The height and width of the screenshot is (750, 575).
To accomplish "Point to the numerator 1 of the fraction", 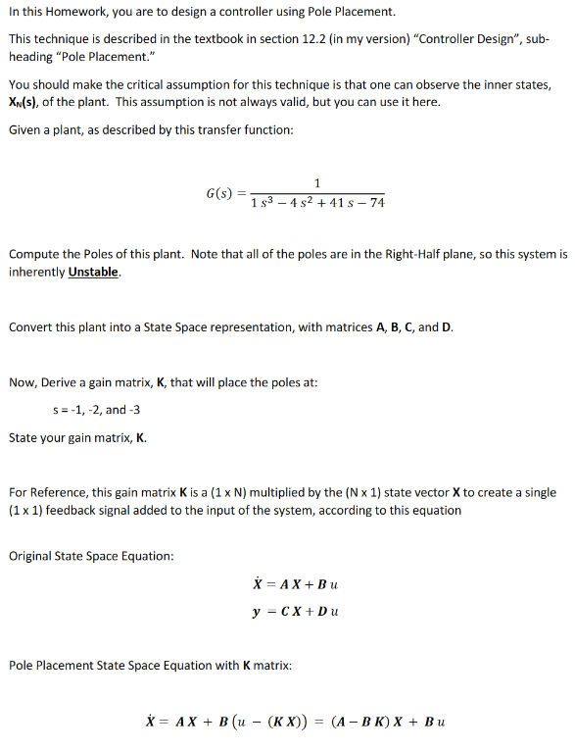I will [x=317, y=181].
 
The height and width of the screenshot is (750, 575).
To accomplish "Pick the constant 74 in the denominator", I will [x=375, y=203].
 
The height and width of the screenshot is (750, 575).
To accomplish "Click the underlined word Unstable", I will [x=95, y=272].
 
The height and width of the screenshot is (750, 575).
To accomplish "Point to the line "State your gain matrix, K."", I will [x=78, y=437].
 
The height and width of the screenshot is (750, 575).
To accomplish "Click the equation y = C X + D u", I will [x=295, y=612].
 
